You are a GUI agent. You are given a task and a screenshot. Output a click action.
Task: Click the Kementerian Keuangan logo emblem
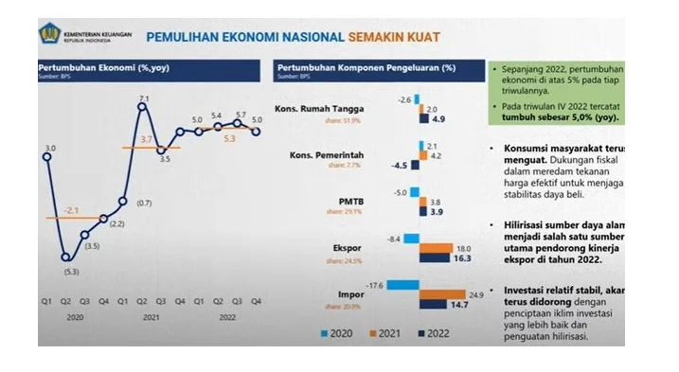tap(49, 35)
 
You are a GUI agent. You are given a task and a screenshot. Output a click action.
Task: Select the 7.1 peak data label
tap(143, 97)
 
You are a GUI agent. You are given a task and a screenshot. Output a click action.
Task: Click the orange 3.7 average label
tap(146, 139)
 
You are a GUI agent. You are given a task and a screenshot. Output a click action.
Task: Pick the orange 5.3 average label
tap(228, 138)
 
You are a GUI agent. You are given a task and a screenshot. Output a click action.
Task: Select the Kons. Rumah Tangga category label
tap(319, 109)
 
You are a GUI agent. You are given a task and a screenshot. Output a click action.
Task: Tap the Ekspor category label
tap(347, 247)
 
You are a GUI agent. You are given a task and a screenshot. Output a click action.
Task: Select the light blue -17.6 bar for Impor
tap(402, 284)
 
